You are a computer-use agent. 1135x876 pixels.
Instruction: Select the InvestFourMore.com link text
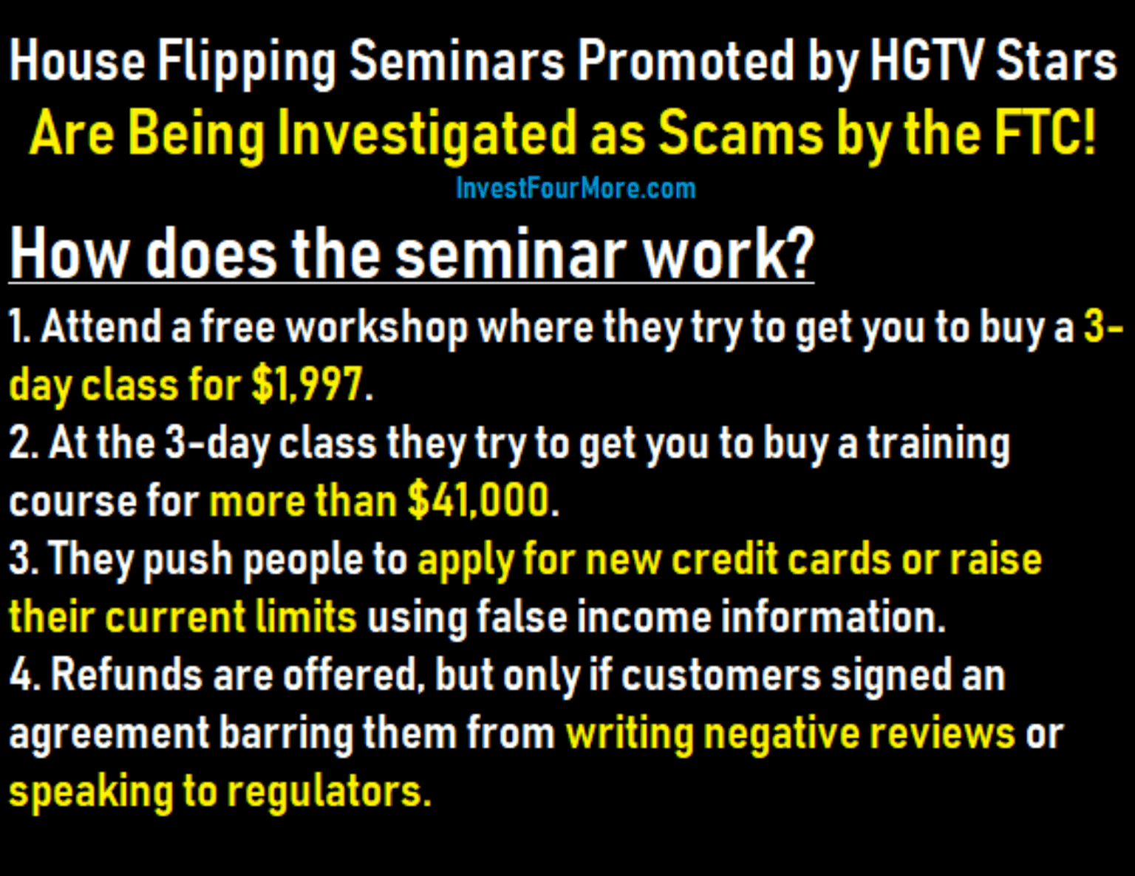(576, 188)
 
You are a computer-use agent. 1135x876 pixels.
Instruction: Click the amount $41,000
(478, 500)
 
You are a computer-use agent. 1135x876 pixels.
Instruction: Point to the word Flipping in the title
(246, 64)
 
